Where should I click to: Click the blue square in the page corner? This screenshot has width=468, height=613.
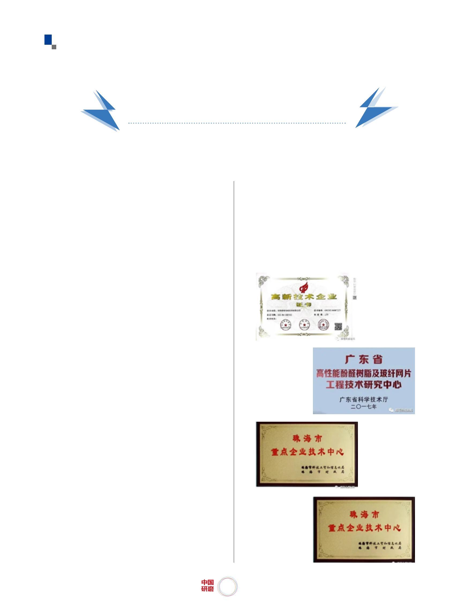coord(48,39)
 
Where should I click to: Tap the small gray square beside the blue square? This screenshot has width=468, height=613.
coord(54,47)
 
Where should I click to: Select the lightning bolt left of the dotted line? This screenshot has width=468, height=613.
coord(101,111)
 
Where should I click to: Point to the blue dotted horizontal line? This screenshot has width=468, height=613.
coord(237,123)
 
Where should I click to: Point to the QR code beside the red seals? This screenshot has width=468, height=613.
coord(338,326)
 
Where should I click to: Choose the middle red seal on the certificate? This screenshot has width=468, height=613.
coord(304,325)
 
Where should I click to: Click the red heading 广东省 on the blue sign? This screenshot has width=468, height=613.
coord(364,360)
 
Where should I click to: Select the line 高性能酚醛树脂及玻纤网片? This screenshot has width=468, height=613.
coord(364,373)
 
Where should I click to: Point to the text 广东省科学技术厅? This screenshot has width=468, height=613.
coord(364,399)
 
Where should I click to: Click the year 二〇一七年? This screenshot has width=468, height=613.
coord(364,406)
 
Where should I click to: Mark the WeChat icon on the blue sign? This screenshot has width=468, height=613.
coord(391,410)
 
